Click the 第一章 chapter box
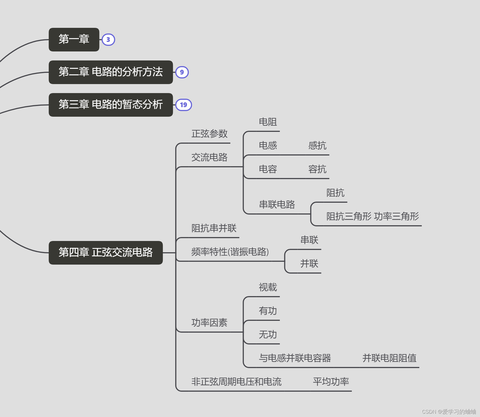[x=74, y=39]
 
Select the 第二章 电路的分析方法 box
[x=111, y=72]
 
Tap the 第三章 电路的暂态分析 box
[x=111, y=105]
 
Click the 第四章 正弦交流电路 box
[x=105, y=253]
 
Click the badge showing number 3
[x=108, y=40]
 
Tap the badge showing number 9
[x=182, y=72]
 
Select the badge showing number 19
[x=183, y=105]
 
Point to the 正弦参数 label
[x=209, y=134]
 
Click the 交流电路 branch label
[x=209, y=157]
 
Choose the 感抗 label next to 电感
[x=317, y=146]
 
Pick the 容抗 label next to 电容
[x=317, y=169]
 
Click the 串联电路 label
[x=277, y=204]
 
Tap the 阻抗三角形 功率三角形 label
[x=372, y=217]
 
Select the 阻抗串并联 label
[x=214, y=228]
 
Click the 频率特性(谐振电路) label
[x=230, y=252]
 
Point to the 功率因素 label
[x=209, y=323]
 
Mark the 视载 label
[x=268, y=287]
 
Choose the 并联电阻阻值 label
[x=389, y=358]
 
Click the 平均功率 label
[x=331, y=382]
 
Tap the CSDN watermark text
[x=449, y=412]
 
